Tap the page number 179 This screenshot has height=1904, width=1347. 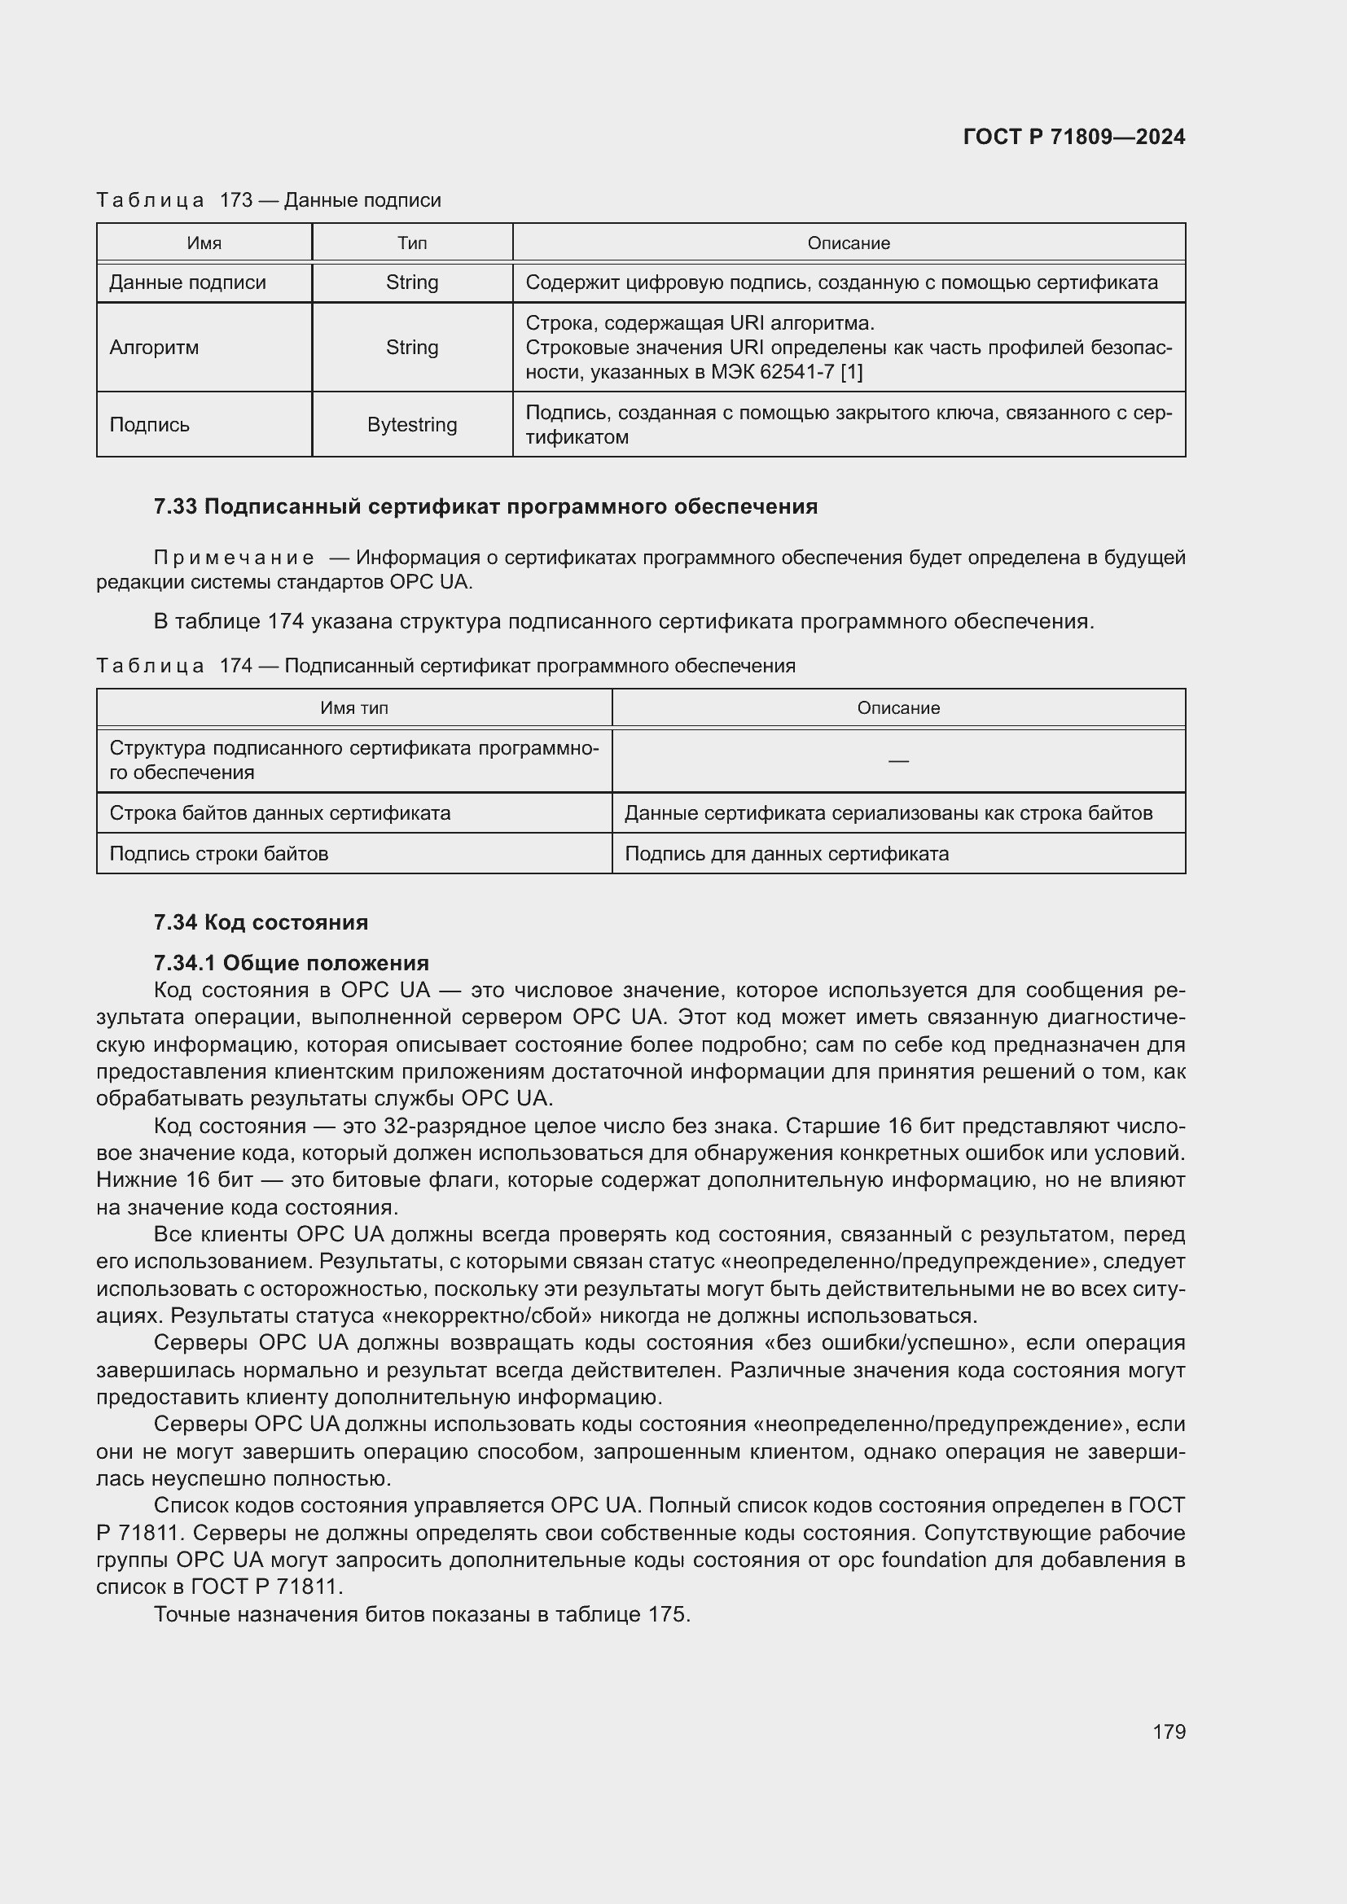1169,1731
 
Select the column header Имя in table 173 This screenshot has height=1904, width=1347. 204,243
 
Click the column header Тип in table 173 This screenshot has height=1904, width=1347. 411,243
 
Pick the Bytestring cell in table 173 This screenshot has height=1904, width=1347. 411,425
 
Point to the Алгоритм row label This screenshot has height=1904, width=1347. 154,348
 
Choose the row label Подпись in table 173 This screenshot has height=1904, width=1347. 149,425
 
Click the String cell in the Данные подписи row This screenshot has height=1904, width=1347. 411,282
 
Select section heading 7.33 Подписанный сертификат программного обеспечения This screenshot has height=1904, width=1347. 485,506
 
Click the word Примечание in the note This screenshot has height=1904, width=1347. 234,558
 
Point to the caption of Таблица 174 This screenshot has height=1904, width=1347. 445,666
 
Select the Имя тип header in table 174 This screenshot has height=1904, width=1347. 354,708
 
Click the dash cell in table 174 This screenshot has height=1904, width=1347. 898,760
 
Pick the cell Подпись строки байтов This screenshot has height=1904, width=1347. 219,853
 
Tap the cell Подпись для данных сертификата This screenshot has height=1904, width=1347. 787,853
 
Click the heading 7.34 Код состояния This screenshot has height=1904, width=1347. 261,922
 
